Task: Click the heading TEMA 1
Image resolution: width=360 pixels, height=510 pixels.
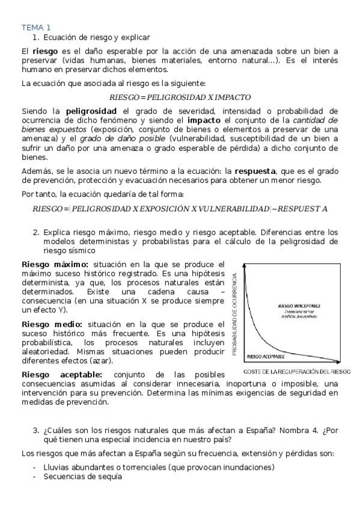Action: tap(36, 27)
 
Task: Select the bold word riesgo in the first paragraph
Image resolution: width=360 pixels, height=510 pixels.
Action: tap(45, 52)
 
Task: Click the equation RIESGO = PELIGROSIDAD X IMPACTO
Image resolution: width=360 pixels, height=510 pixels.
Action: tap(180, 96)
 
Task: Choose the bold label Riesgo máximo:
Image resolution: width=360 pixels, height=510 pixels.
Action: tap(55, 264)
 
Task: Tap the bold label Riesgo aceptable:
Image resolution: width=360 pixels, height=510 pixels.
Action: tap(62, 374)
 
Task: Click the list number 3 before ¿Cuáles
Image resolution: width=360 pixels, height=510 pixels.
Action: tap(35, 430)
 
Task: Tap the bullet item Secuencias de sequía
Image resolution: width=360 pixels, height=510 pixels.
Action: tap(82, 476)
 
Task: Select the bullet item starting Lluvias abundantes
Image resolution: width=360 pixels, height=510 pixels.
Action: tap(159, 467)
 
